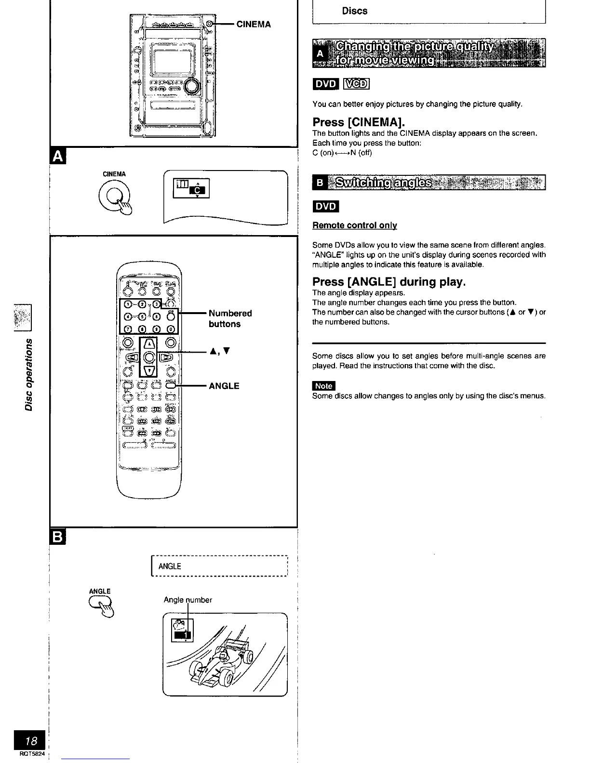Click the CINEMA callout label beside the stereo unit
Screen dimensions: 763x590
click(253, 24)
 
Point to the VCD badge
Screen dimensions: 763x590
click(356, 84)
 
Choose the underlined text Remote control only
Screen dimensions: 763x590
click(355, 225)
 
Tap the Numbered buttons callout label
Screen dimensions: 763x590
click(230, 318)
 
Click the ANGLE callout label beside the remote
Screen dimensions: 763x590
click(224, 386)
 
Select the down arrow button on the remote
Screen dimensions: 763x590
click(149, 370)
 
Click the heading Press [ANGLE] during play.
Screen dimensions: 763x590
click(389, 281)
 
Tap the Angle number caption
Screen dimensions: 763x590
click(188, 600)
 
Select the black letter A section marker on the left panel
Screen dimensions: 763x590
click(57, 156)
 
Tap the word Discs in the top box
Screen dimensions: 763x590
click(355, 11)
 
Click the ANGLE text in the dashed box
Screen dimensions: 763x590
click(170, 566)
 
